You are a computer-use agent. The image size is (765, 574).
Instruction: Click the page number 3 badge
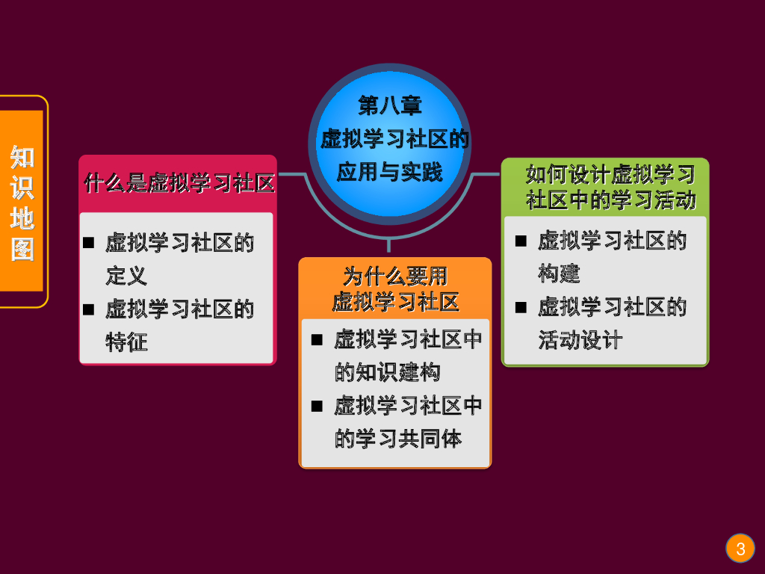pyautogui.click(x=740, y=549)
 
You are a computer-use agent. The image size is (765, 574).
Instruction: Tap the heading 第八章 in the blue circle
pyautogui.click(x=390, y=105)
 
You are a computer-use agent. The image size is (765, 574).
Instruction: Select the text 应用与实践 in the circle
pyautogui.click(x=390, y=172)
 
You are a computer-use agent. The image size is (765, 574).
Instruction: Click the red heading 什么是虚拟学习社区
pyautogui.click(x=179, y=182)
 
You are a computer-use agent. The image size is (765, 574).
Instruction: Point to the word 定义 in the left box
pyautogui.click(x=126, y=276)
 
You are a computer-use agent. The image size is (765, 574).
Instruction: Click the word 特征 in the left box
pyautogui.click(x=126, y=342)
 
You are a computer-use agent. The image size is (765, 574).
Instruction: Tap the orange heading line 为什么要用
pyautogui.click(x=395, y=277)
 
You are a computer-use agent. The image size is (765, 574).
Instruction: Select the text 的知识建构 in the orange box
pyautogui.click(x=387, y=372)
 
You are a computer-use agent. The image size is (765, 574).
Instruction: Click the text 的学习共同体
pyautogui.click(x=397, y=439)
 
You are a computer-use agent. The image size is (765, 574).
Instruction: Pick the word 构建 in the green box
pyautogui.click(x=559, y=274)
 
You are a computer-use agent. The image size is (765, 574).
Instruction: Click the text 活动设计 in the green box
pyautogui.click(x=580, y=340)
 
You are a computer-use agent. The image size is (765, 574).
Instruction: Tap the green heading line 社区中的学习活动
pyautogui.click(x=610, y=200)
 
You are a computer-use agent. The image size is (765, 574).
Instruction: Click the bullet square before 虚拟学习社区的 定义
pyautogui.click(x=88, y=242)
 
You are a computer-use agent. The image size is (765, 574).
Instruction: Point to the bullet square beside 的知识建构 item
pyautogui.click(x=317, y=340)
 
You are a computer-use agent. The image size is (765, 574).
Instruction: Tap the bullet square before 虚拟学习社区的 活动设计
pyautogui.click(x=521, y=307)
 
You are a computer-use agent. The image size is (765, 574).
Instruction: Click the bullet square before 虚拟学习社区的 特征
pyautogui.click(x=88, y=309)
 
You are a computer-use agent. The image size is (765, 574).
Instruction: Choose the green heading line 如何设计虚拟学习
pyautogui.click(x=610, y=175)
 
